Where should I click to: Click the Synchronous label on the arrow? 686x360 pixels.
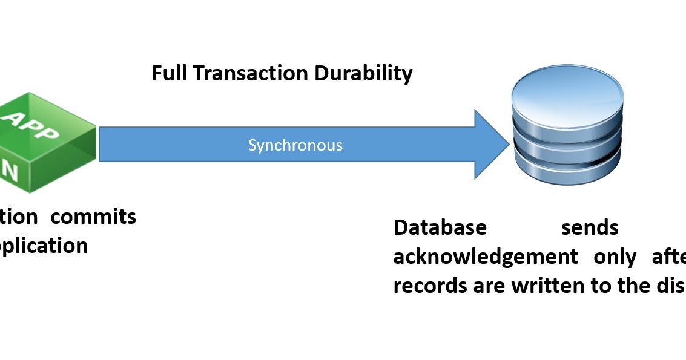click(295, 145)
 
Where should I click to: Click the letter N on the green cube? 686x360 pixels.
click(10, 170)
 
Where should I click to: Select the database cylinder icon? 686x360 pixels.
click(567, 128)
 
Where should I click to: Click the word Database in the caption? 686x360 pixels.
click(440, 227)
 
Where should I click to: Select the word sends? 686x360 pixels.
click(589, 227)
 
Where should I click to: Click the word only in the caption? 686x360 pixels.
click(615, 257)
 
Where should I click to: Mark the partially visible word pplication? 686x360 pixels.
click(44, 246)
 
